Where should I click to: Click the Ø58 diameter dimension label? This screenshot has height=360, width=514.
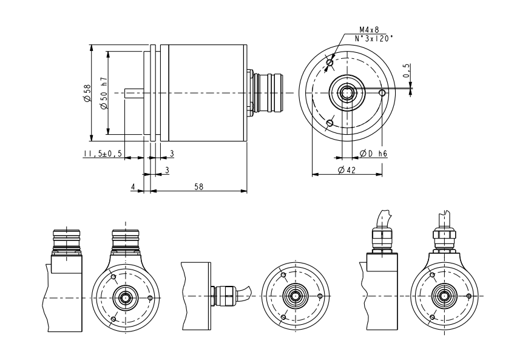[87, 92]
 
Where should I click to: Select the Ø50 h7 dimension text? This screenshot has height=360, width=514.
[104, 93]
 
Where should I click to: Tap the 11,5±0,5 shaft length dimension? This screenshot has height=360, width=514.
[103, 154]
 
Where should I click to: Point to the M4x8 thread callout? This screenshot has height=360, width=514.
[368, 29]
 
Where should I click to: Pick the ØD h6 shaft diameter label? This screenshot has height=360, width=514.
[374, 154]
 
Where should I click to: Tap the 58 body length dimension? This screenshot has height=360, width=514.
[198, 187]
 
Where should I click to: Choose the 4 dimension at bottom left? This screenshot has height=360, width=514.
[133, 187]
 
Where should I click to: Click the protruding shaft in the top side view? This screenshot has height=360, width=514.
[134, 93]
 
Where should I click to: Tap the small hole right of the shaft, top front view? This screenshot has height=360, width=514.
[382, 93]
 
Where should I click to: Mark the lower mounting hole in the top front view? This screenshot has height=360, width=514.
[330, 123]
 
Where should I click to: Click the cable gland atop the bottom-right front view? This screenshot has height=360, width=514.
[445, 237]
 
